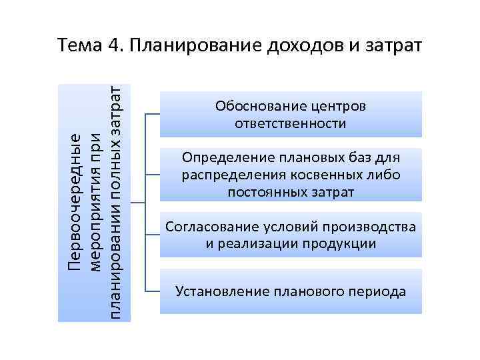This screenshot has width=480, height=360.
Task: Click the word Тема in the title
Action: [x=79, y=47]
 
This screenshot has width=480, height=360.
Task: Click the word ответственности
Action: [x=291, y=124]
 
